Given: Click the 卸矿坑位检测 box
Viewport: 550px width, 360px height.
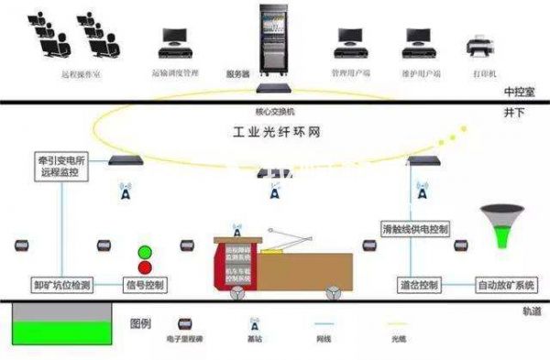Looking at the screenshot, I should click(x=60, y=286).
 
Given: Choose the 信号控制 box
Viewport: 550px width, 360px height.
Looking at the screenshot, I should click(x=144, y=286).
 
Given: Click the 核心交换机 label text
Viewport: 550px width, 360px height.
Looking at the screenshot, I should click(x=273, y=111).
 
